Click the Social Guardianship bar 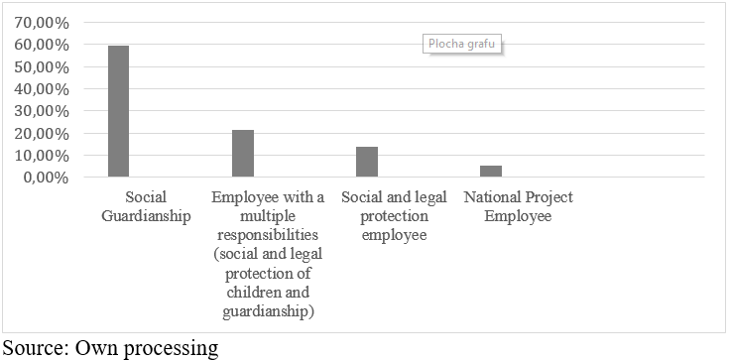[x=119, y=111]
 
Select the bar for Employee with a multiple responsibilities [x=243, y=154]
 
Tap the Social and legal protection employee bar [x=367, y=162]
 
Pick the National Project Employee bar [x=491, y=172]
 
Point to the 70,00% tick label [x=42, y=23]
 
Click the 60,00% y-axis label [x=42, y=45]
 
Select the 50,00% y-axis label [x=42, y=67]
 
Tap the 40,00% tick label [x=42, y=89]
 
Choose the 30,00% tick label [x=42, y=111]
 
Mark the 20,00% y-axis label [x=42, y=134]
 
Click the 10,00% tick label [x=42, y=156]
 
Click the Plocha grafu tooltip [x=461, y=45]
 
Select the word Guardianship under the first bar [x=146, y=217]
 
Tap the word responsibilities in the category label [x=268, y=235]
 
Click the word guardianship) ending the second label [x=268, y=311]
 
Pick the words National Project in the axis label [x=519, y=197]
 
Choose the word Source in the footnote [x=34, y=348]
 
